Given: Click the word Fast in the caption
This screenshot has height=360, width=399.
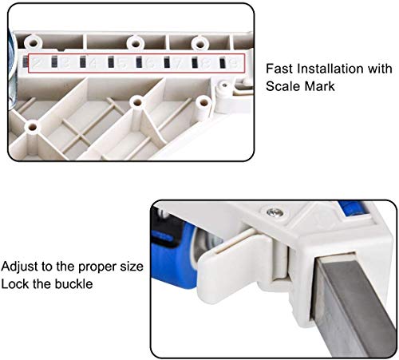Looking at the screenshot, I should (x=279, y=69).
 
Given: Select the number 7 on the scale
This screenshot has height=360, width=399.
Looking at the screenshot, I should (x=177, y=61).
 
